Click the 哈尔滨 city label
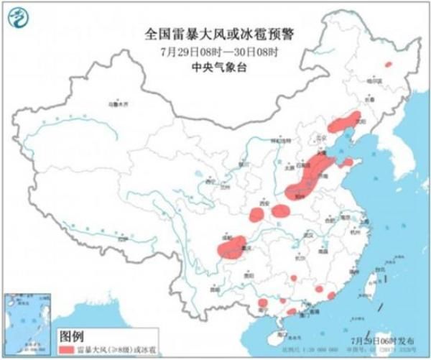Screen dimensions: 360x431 pyautogui.click(x=371, y=80)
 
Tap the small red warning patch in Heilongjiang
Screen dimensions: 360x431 pyautogui.click(x=389, y=64)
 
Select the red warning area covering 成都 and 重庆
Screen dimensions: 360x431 pyautogui.click(x=231, y=246)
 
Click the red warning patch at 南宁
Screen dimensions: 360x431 pyautogui.click(x=262, y=303)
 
